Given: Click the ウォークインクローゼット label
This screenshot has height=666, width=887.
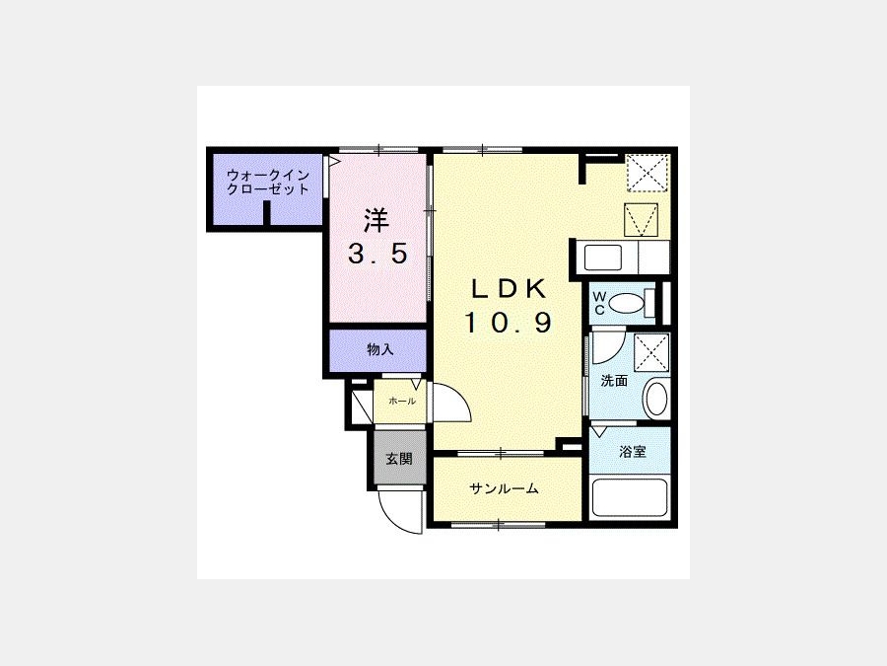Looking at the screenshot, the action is (x=267, y=183).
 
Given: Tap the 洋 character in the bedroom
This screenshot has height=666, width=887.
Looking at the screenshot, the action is (x=376, y=220).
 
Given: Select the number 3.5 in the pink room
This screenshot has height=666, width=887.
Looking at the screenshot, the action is (x=377, y=254).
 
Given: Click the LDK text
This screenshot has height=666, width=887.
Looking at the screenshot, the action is (x=510, y=289).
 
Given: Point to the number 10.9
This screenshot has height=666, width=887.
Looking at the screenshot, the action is (x=508, y=323).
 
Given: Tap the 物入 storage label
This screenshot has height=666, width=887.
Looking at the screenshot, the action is (x=380, y=350).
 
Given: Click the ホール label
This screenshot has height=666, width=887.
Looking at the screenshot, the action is (x=402, y=402).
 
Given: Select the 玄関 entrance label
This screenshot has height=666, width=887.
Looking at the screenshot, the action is (x=399, y=459).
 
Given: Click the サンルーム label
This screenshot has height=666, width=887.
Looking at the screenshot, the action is (x=504, y=488).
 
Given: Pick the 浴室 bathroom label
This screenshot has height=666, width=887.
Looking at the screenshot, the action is (x=633, y=452).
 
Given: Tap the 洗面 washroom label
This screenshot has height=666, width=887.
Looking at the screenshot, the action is (x=614, y=381).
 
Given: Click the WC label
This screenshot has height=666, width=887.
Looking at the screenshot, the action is (x=599, y=303).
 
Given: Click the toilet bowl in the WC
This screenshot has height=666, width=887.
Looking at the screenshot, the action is (x=625, y=303).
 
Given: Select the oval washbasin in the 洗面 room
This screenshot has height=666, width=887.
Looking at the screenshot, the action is (x=656, y=399).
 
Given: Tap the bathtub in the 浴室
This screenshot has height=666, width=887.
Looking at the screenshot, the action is (x=630, y=498).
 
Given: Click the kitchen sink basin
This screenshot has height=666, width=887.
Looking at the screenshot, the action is (x=603, y=258).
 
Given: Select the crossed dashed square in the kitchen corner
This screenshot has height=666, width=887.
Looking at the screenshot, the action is (x=648, y=172).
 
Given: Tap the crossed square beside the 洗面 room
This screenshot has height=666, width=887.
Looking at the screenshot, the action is (x=651, y=353).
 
